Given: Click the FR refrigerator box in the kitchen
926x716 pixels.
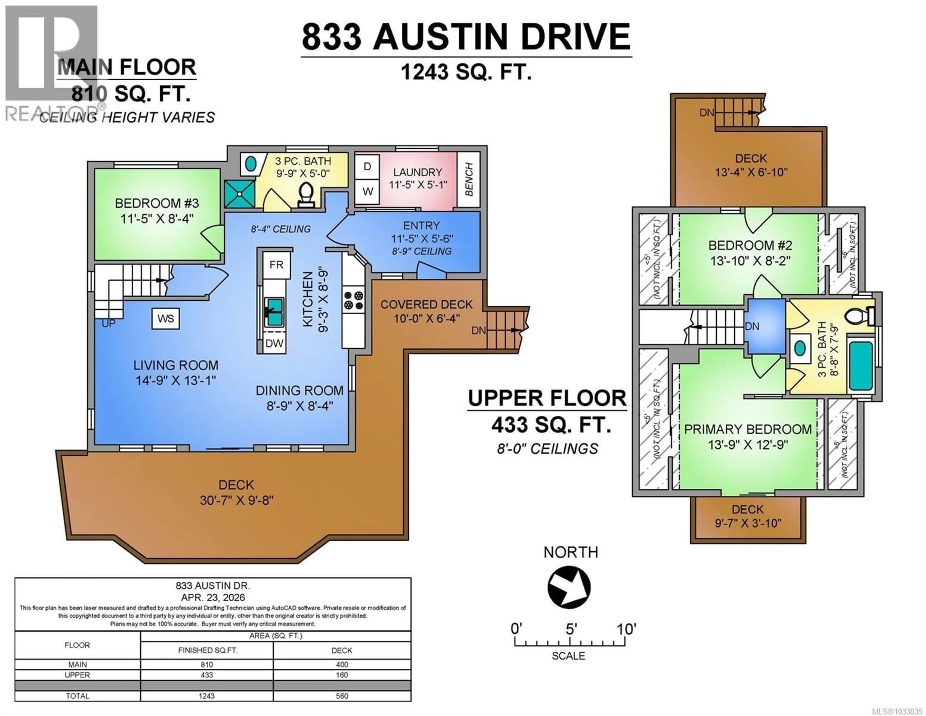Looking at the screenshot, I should pos(276,265).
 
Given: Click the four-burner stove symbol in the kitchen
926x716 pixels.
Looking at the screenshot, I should pos(353,300).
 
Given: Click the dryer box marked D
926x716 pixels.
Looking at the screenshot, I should pos(367,167).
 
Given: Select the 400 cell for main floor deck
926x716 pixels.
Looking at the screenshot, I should pos(342,665).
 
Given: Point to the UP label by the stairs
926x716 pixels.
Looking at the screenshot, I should pos(109,323).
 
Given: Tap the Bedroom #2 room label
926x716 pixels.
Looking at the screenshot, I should pos(750,245).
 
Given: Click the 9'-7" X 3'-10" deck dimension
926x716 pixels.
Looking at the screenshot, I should pos(748,523).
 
